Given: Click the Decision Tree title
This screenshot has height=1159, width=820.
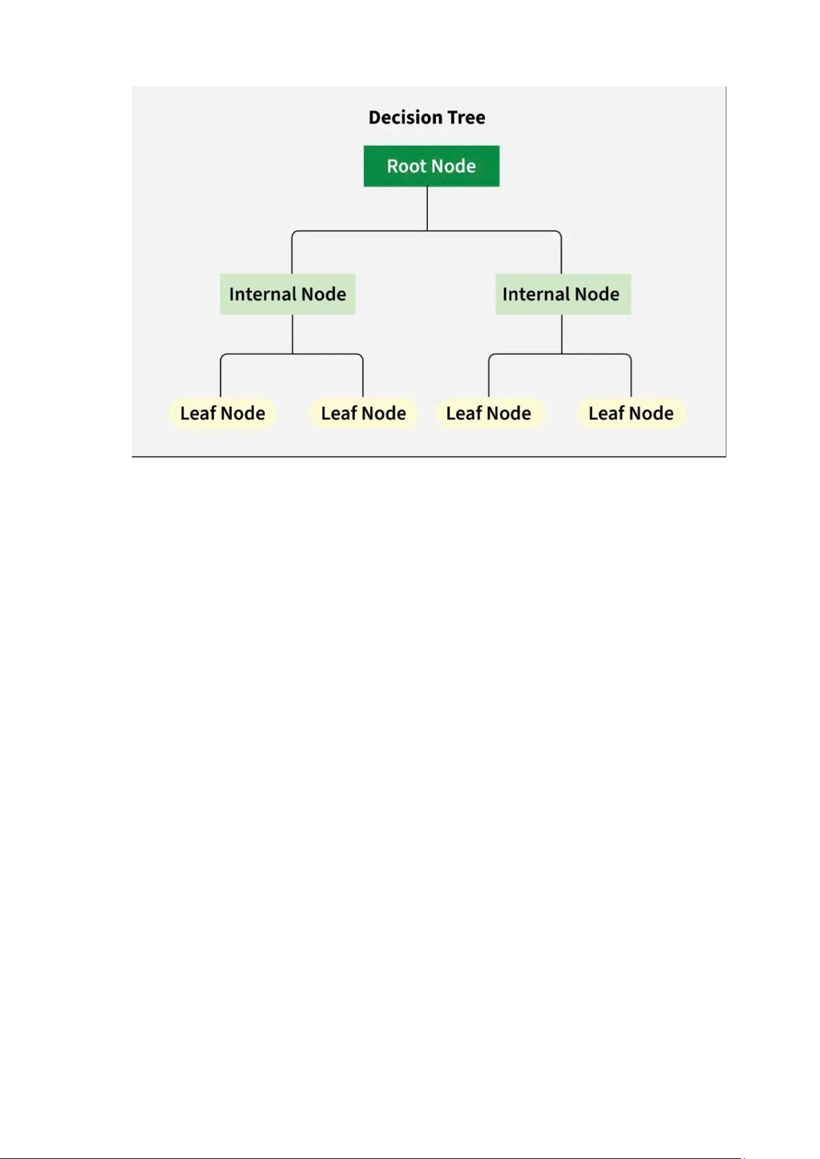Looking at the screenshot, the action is [x=427, y=118].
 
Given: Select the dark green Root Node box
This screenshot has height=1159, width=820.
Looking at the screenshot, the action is [x=431, y=166].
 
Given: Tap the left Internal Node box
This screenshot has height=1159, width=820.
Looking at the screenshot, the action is [x=288, y=294].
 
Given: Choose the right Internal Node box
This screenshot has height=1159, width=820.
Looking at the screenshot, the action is [x=563, y=294].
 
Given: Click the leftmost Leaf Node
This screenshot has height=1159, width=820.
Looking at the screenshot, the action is [x=222, y=413].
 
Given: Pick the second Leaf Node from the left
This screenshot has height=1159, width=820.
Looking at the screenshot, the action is [x=363, y=413].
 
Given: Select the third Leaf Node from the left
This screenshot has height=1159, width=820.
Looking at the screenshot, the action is [x=489, y=413].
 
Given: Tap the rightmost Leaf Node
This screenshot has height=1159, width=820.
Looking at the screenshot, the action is [x=632, y=413].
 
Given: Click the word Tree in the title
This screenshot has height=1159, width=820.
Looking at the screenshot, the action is [x=466, y=118].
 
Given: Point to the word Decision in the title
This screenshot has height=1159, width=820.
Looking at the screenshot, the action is [x=405, y=118].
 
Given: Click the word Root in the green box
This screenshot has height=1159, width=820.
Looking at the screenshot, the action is [x=406, y=166].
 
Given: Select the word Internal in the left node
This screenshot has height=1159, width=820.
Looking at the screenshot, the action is [x=262, y=294].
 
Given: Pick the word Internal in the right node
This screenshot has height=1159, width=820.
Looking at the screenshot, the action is [x=535, y=294].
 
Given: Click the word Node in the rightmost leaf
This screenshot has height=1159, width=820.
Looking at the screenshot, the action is [x=652, y=413].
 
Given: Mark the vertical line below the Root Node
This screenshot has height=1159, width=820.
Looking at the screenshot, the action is [x=427, y=208].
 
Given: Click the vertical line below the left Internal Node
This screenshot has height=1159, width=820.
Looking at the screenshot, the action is [x=292, y=334].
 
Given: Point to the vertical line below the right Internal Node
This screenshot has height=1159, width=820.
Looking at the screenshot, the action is [x=562, y=334].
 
